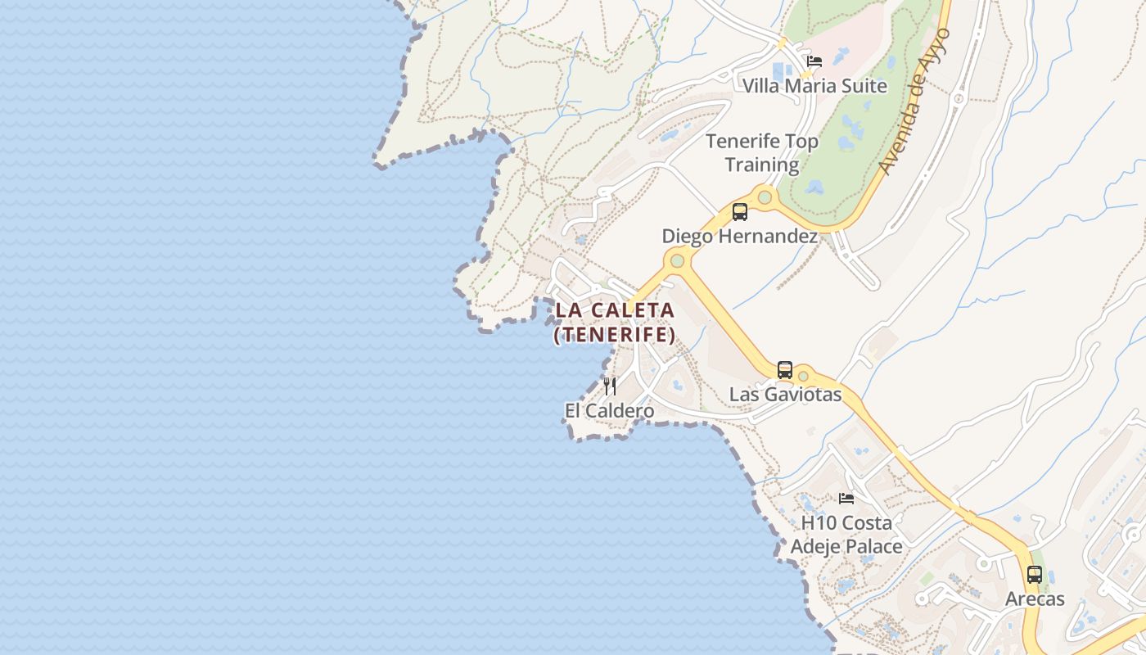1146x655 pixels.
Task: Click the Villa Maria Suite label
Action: tap(814, 86)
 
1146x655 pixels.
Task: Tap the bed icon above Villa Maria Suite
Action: tap(814, 61)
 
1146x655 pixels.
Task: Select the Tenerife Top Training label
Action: tap(762, 153)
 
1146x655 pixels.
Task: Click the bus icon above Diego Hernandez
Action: tap(740, 212)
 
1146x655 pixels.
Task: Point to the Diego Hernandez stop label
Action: tap(739, 237)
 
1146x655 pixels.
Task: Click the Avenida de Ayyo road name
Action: tap(915, 102)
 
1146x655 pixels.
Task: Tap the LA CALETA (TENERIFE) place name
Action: tap(615, 323)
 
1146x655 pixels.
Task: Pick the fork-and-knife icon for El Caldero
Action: tap(610, 386)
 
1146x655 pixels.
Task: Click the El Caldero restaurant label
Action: tap(609, 411)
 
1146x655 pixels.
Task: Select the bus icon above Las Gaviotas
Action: tap(785, 370)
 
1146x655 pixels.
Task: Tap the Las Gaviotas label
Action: tap(785, 395)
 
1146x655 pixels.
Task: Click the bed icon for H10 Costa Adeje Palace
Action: tap(846, 498)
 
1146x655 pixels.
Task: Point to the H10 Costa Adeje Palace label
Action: tap(846, 535)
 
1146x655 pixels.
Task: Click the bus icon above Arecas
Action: tap(1035, 575)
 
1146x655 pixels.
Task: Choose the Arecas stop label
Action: tap(1035, 599)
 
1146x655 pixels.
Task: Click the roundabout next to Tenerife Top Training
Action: tap(765, 196)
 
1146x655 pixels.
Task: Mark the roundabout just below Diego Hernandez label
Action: tap(677, 261)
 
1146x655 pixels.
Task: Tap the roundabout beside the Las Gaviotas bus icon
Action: tap(803, 376)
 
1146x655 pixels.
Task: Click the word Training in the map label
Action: tap(762, 165)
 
